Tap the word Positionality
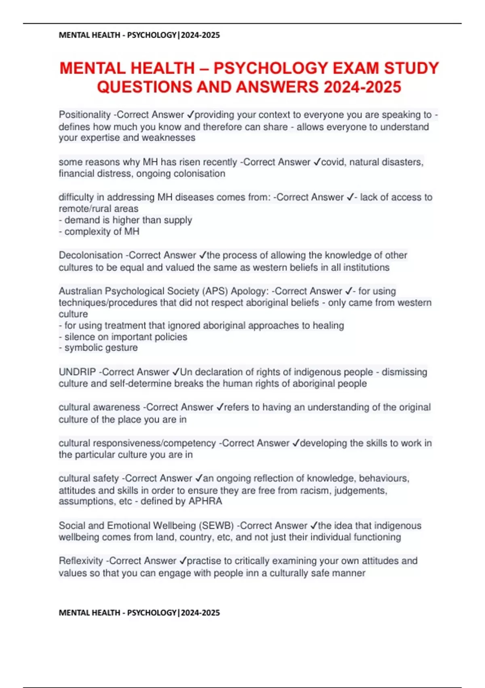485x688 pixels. click(84, 115)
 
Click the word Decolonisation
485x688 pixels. click(91, 255)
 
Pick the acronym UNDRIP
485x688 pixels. click(77, 372)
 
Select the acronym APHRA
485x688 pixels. click(205, 501)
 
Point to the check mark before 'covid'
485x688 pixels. click(317, 162)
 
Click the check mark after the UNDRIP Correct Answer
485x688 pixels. click(176, 372)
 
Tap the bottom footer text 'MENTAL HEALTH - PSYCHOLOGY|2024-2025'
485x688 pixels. click(139, 613)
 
